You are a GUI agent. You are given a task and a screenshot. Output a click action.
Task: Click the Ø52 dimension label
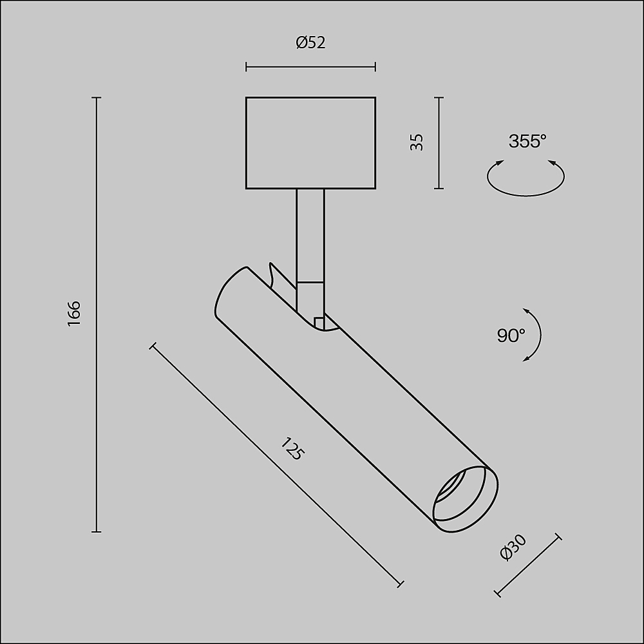310,43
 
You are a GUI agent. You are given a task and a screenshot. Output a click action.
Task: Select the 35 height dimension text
417,142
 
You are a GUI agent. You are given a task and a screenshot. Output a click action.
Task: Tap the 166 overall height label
74,314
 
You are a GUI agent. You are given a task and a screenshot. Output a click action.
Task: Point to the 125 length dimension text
292,449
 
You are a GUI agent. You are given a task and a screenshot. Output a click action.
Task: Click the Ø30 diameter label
513,547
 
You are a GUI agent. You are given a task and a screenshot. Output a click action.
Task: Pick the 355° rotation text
527,141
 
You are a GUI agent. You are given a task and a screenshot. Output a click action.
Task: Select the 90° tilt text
511,336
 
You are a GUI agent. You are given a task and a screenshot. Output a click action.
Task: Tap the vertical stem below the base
310,236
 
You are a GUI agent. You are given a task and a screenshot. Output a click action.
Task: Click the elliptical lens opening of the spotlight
466,500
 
